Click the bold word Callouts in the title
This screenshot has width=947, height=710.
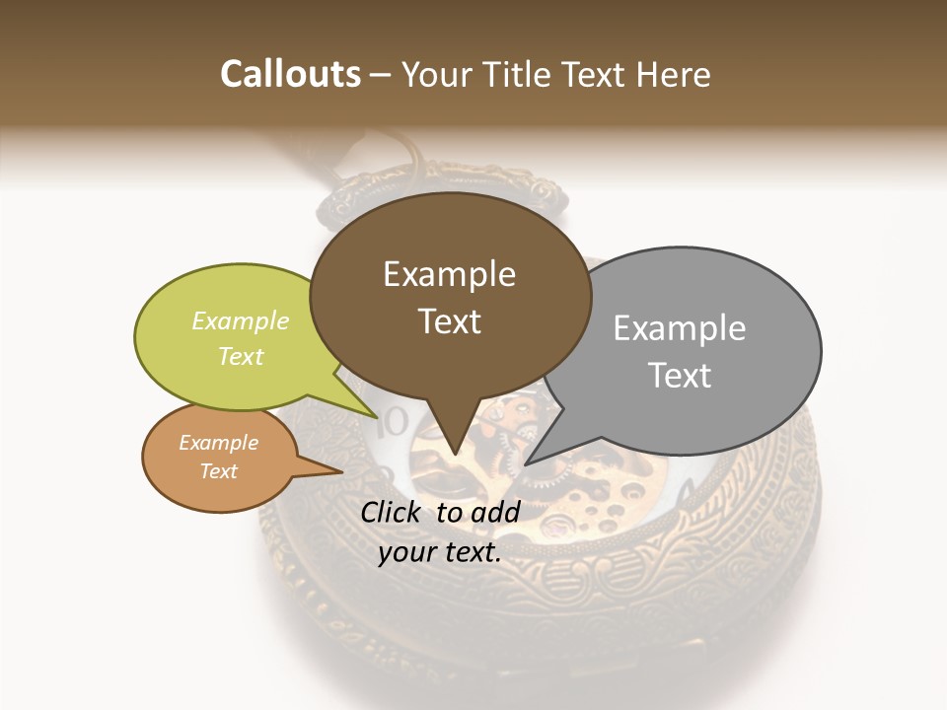click(x=290, y=74)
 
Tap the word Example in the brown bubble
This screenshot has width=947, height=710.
click(x=449, y=274)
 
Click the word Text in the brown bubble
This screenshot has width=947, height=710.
click(x=449, y=321)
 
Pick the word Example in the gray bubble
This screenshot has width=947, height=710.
click(x=680, y=328)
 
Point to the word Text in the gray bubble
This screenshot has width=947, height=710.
click(x=680, y=376)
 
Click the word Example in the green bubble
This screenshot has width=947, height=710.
click(x=241, y=321)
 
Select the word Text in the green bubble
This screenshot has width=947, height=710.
click(x=241, y=357)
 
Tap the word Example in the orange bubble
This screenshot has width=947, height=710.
click(x=218, y=443)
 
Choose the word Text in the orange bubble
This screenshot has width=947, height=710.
click(x=218, y=471)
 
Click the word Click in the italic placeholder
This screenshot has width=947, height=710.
click(x=394, y=512)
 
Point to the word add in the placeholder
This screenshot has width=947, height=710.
click(x=496, y=512)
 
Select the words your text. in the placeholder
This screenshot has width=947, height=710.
click(x=440, y=553)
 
